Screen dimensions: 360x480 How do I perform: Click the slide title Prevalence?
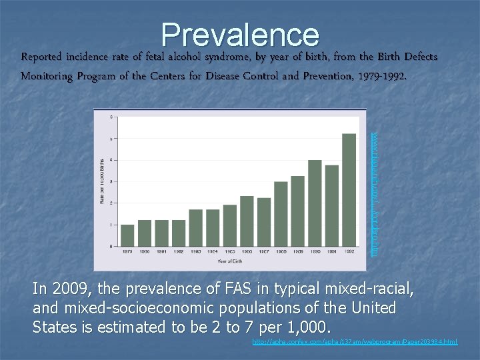click(240, 35)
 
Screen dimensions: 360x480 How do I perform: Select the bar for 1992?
click(349, 190)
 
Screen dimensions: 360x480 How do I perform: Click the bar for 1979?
click(127, 235)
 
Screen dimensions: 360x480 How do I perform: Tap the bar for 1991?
click(331, 206)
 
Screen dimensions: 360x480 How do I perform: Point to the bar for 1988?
click(281, 214)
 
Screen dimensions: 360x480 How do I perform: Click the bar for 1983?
click(195, 228)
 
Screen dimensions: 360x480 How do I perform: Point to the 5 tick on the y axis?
click(111, 139)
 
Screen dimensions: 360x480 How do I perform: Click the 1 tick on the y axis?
click(111, 225)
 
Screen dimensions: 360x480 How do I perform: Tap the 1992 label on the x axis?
click(349, 251)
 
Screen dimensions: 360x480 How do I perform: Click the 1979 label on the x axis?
click(127, 251)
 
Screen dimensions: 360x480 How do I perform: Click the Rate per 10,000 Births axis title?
click(102, 182)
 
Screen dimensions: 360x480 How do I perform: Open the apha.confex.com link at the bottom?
click(355, 342)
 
